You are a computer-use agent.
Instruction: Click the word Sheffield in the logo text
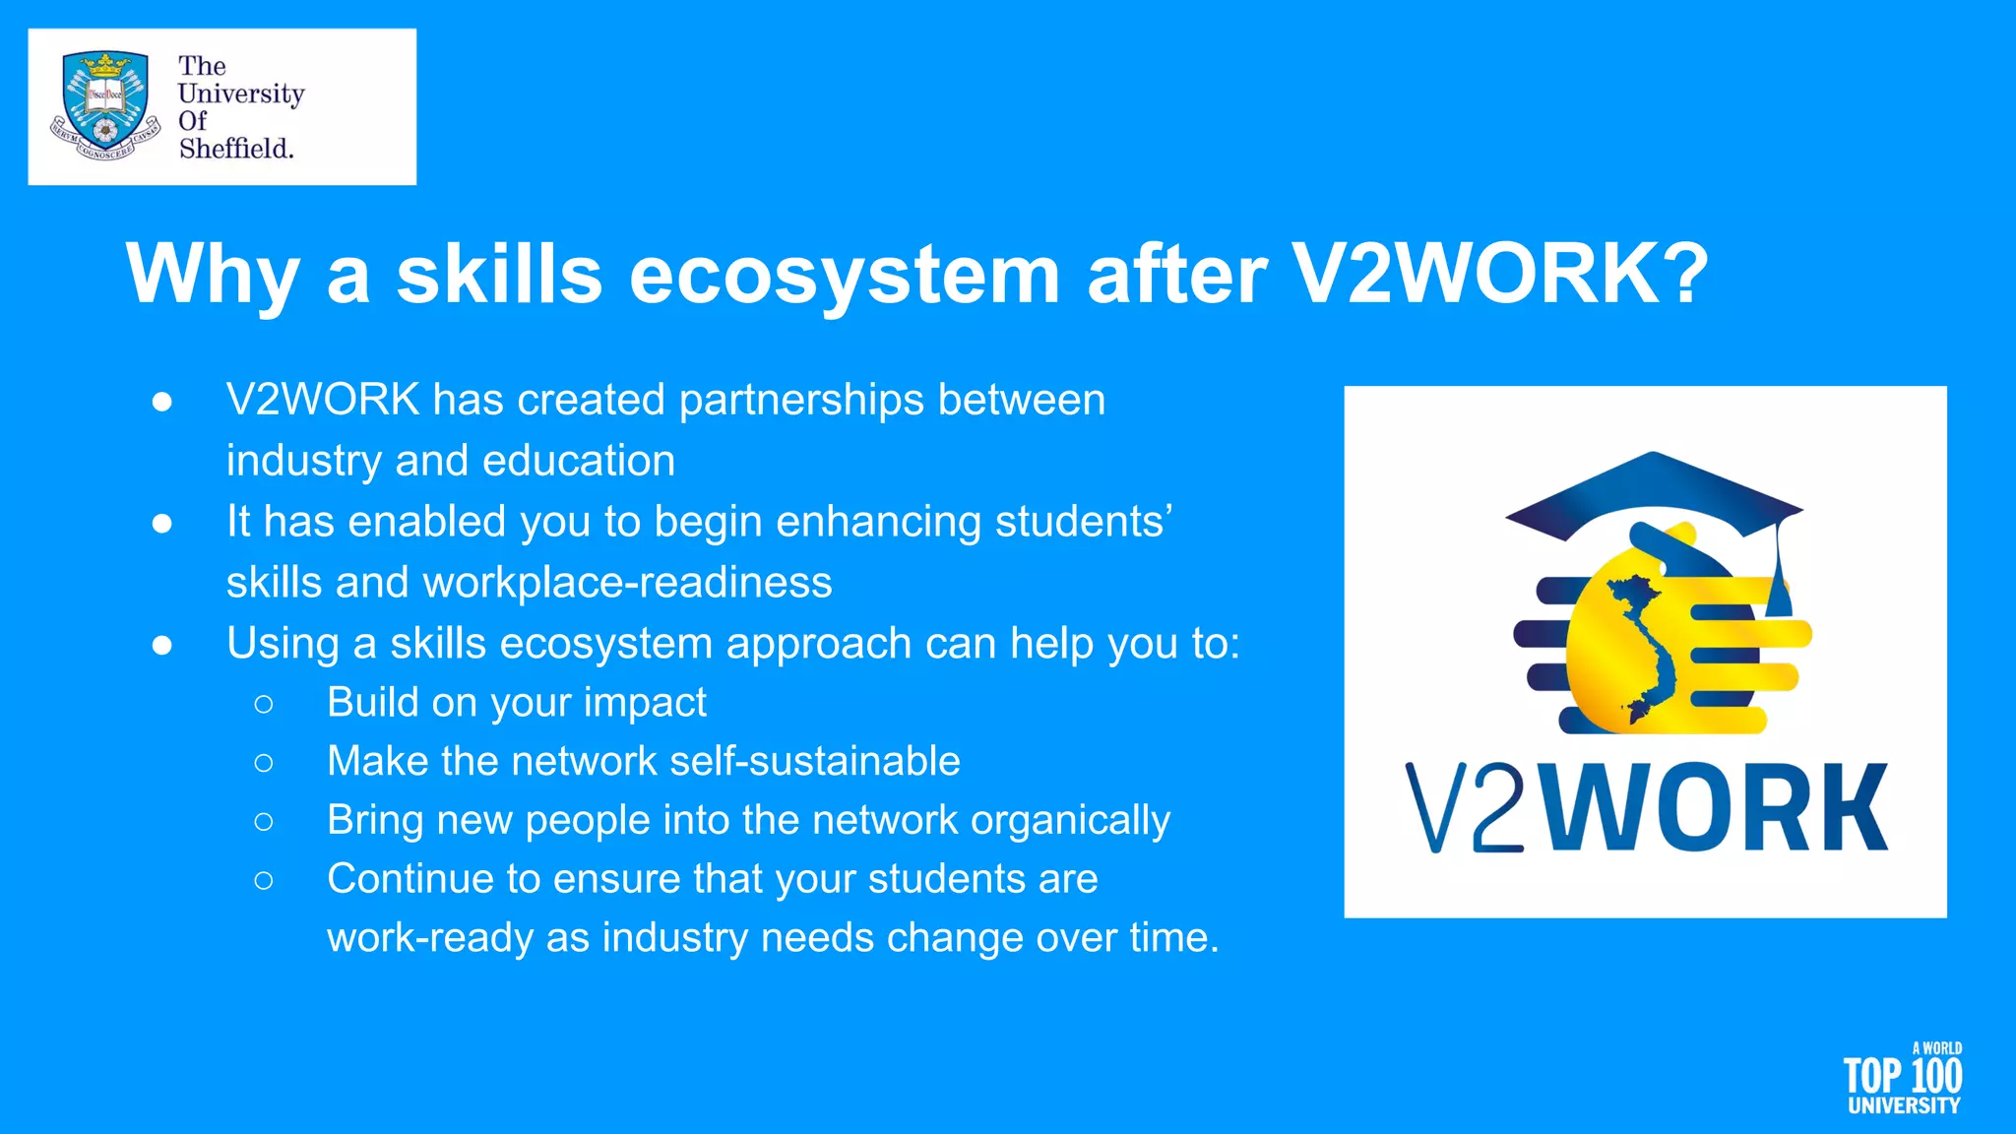[235, 149]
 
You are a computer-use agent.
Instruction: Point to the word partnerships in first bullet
[801, 400]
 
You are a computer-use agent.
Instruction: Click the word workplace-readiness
[627, 583]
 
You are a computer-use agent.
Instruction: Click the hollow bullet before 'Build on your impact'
[263, 704]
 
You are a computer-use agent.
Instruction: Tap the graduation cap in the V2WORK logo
[1654, 492]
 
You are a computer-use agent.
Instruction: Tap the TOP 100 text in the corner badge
[1902, 1076]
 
